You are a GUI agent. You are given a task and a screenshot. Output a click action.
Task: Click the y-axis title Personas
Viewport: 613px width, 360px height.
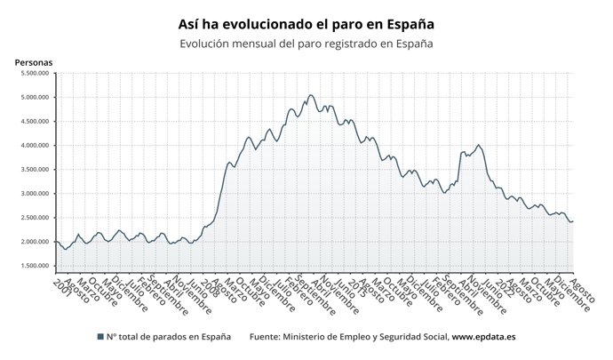[34, 62]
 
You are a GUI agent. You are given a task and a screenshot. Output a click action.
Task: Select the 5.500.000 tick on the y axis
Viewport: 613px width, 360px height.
[33, 73]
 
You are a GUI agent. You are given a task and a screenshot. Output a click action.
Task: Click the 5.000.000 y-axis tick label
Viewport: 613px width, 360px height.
[33, 97]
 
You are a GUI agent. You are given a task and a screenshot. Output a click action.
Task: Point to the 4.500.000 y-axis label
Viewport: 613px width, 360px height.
[33, 121]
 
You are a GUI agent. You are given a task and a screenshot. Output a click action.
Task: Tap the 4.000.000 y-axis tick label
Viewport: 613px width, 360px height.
[33, 145]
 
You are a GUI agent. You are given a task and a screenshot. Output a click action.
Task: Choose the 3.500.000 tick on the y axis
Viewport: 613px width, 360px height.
[33, 169]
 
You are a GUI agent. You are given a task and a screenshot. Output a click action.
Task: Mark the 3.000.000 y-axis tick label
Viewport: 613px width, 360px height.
[33, 193]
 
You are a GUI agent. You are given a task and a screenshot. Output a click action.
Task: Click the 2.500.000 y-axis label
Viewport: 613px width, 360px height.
[33, 217]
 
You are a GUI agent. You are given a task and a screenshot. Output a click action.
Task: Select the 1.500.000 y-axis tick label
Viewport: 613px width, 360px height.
[33, 265]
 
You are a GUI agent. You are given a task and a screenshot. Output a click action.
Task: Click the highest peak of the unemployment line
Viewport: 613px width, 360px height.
[310, 95]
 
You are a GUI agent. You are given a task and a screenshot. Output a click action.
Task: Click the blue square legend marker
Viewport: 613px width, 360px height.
[100, 337]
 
